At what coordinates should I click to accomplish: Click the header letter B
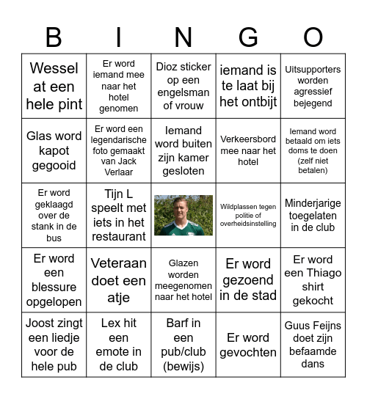pos(54,37)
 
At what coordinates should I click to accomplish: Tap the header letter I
pos(118,37)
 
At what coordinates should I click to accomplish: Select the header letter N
pos(183,37)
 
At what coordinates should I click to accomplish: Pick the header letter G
pos(248,37)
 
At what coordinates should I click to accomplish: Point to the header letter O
pos(313,37)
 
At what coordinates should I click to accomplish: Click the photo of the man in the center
pos(183,215)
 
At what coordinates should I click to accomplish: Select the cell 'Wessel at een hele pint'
pos(54,86)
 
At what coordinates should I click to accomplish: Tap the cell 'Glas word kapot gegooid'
pos(54,150)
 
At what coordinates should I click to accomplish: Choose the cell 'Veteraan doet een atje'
pos(118,279)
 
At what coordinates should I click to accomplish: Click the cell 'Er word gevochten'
pos(248,344)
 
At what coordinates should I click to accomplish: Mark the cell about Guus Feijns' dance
pos(313,344)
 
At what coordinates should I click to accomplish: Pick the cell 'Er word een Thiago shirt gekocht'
pos(313,279)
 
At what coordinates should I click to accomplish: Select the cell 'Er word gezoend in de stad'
pos(248,279)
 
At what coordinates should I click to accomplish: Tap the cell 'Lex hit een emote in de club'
pos(118,344)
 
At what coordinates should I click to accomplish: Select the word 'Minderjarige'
pos(313,202)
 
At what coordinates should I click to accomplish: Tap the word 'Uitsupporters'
pos(313,70)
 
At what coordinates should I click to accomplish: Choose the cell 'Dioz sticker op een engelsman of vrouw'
pos(183,86)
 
